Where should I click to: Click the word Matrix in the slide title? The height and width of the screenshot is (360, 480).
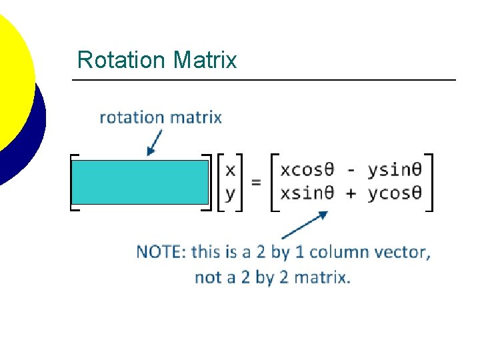[x=205, y=60]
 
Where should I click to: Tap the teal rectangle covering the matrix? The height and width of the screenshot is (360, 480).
[x=140, y=181]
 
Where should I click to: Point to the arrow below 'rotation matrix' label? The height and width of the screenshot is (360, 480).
[x=154, y=142]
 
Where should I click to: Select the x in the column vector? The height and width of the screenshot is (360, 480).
[x=230, y=170]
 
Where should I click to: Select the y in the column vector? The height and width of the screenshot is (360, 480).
[x=230, y=193]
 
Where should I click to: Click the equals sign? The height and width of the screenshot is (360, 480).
[x=256, y=181]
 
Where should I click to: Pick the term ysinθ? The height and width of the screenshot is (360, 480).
[x=394, y=170]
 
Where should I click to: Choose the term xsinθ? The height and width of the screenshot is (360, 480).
[x=307, y=193]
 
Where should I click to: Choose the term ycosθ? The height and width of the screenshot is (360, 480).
[x=394, y=193]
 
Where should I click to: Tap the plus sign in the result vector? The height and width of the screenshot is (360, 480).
[x=351, y=193]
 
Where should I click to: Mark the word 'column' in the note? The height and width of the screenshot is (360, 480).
[x=339, y=252]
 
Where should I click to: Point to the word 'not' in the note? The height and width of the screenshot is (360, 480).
[x=206, y=277]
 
